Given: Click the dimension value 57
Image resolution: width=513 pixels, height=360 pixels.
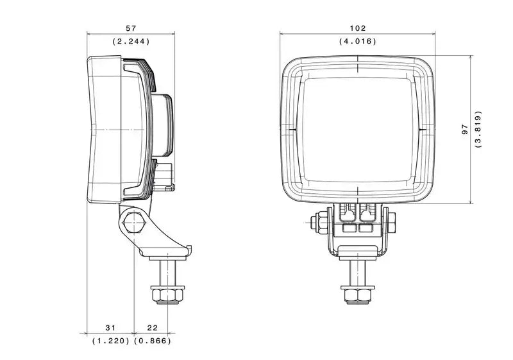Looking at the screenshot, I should coord(131,28).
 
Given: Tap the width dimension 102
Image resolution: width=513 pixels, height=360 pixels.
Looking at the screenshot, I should coord(358,28).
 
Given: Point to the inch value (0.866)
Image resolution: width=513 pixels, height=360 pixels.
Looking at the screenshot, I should coord(152,341).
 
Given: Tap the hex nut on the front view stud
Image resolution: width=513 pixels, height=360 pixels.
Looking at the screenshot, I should coord(358,295).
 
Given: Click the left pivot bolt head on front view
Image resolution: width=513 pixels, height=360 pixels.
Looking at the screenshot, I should coord(315,223).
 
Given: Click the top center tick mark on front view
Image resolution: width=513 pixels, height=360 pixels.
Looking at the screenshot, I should coord(358,64).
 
